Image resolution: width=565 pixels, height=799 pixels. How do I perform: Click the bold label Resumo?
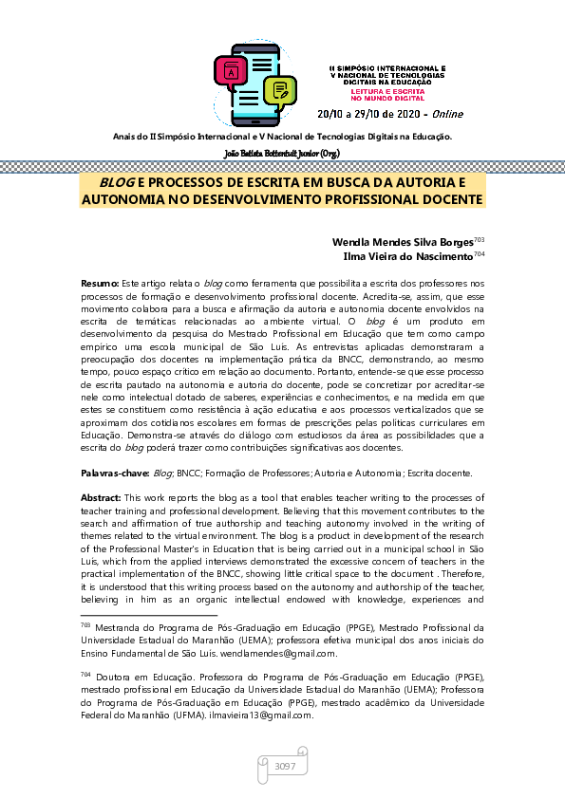click(99, 284)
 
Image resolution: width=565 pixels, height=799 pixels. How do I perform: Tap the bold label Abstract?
click(101, 497)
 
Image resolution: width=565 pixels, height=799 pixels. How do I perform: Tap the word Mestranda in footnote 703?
click(123, 627)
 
